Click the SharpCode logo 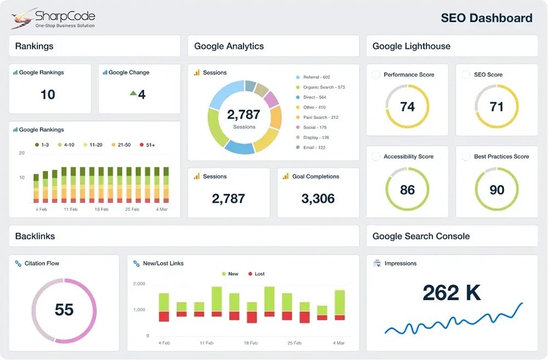(53, 19)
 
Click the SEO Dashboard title (487, 18)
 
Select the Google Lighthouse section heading (412, 46)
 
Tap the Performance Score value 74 (407, 106)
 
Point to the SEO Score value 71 (496, 106)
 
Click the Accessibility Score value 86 (407, 190)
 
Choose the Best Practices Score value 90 (496, 190)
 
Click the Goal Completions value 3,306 (318, 198)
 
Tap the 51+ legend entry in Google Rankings (147, 145)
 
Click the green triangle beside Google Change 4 (133, 94)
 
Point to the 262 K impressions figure (452, 293)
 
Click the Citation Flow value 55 (64, 310)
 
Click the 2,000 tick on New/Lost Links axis (139, 284)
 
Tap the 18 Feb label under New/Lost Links (250, 343)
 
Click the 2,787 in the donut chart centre (244, 115)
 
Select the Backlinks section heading (35, 236)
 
